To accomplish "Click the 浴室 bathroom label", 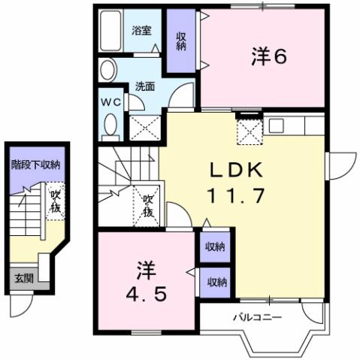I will point(141,31).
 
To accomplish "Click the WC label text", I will point(110,104).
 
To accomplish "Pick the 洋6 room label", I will point(269,57).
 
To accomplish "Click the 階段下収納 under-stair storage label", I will point(35,164).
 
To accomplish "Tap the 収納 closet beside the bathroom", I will point(181,41).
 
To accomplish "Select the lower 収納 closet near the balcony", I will point(216,282).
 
